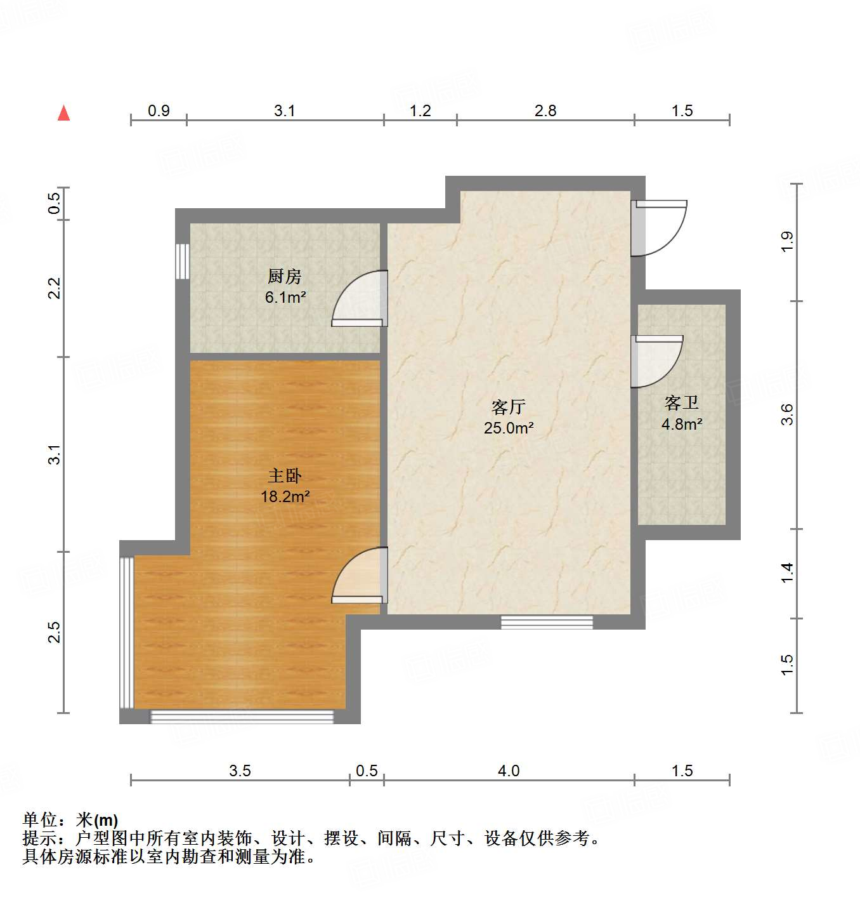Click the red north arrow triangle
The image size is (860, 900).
tap(63, 114)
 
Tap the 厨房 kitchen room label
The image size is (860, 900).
tap(284, 276)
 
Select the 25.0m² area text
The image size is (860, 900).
tap(509, 428)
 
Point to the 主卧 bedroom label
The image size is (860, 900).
tap(284, 475)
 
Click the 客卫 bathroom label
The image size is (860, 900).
tap(682, 403)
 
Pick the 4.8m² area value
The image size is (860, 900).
tap(682, 424)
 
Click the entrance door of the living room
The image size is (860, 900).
tap(660, 228)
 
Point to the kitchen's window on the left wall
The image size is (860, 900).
tap(183, 261)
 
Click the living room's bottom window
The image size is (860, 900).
tap(547, 622)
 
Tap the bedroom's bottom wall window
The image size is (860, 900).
tap(242, 717)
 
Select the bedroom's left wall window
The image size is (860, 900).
tap(127, 633)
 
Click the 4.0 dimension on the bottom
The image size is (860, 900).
tap(509, 771)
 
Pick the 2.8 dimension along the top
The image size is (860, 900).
tap(545, 111)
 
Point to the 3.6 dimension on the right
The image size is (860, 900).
tap(787, 414)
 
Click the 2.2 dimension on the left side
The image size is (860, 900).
tap(55, 288)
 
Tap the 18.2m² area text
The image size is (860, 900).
tap(285, 496)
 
